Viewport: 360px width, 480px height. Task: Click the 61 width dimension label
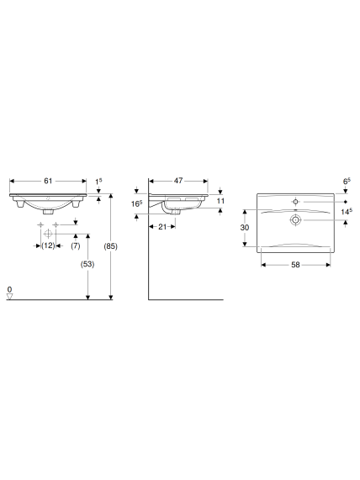48,181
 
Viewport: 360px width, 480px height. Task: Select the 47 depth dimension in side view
178,181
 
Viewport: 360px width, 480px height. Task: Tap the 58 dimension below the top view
295,265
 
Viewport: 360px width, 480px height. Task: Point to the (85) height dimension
110,246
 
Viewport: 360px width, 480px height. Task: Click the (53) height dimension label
87,264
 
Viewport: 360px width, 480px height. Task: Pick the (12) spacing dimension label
48,245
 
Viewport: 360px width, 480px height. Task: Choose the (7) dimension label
76,245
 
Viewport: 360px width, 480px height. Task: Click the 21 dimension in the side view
162,227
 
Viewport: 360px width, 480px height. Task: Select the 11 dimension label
220,201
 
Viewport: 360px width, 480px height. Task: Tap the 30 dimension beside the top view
245,228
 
